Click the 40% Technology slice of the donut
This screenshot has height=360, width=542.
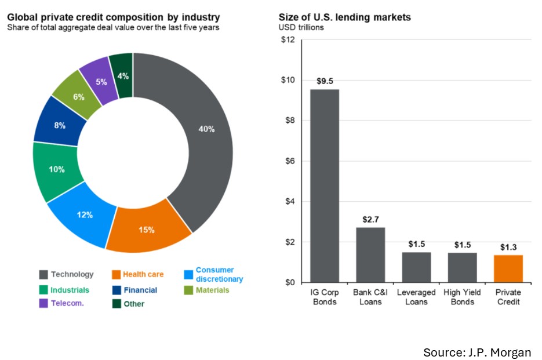(206, 129)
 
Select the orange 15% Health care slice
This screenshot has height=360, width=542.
(147, 230)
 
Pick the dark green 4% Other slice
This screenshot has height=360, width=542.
(122, 75)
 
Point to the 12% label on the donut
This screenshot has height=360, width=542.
(85, 214)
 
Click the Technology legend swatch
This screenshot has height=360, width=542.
(43, 274)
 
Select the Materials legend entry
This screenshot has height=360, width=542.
(212, 290)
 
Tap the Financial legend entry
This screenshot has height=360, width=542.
(140, 290)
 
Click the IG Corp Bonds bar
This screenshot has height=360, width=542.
(325, 186)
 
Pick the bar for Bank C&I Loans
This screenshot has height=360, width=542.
(370, 254)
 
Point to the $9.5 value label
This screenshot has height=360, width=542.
(325, 81)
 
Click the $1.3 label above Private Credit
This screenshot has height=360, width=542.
(508, 247)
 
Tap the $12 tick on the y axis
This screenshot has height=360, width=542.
(288, 40)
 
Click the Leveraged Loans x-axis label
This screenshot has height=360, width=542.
(416, 297)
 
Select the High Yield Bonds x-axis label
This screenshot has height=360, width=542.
(462, 297)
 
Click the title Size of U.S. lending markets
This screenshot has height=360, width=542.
(344, 17)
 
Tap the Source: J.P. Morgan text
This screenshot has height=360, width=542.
(476, 352)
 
